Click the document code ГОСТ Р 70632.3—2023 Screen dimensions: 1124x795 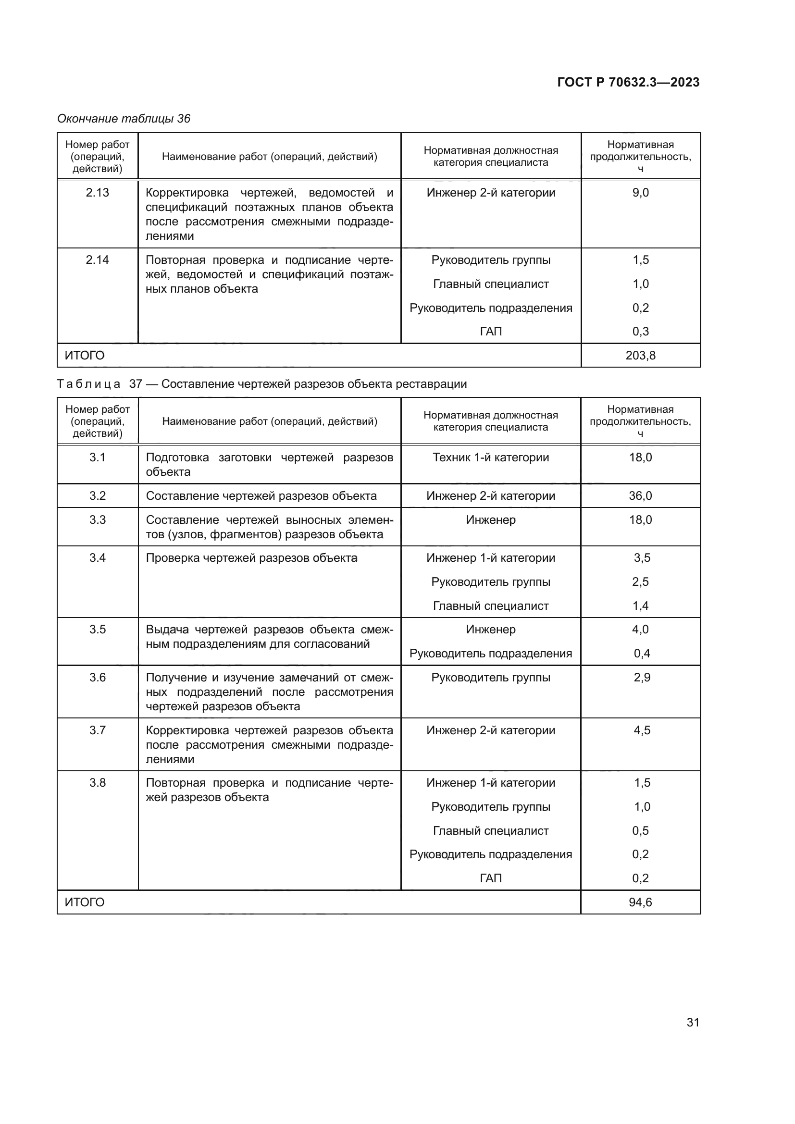tap(628, 82)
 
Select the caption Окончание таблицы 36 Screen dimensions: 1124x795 tap(124, 119)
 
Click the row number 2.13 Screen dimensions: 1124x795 tap(98, 192)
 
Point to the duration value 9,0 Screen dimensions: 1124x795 tap(640, 192)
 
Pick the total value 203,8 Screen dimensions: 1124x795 tap(640, 356)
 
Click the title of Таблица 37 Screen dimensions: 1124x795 tap(262, 384)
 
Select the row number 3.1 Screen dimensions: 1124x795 tap(98, 457)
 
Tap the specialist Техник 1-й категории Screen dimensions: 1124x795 tap(491, 457)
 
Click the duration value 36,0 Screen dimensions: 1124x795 tap(640, 496)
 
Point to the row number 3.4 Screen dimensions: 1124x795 tap(98, 558)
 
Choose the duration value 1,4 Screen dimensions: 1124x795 tap(640, 606)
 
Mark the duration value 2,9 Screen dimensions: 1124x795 tap(642, 678)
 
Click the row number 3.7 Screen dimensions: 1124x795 tap(98, 730)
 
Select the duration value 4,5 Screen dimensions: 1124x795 tap(642, 730)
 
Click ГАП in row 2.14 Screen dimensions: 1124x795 tap(491, 332)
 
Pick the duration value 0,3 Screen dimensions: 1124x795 tap(640, 332)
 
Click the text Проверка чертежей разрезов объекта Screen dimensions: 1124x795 tap(251, 558)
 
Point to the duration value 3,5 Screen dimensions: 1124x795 tap(642, 558)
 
